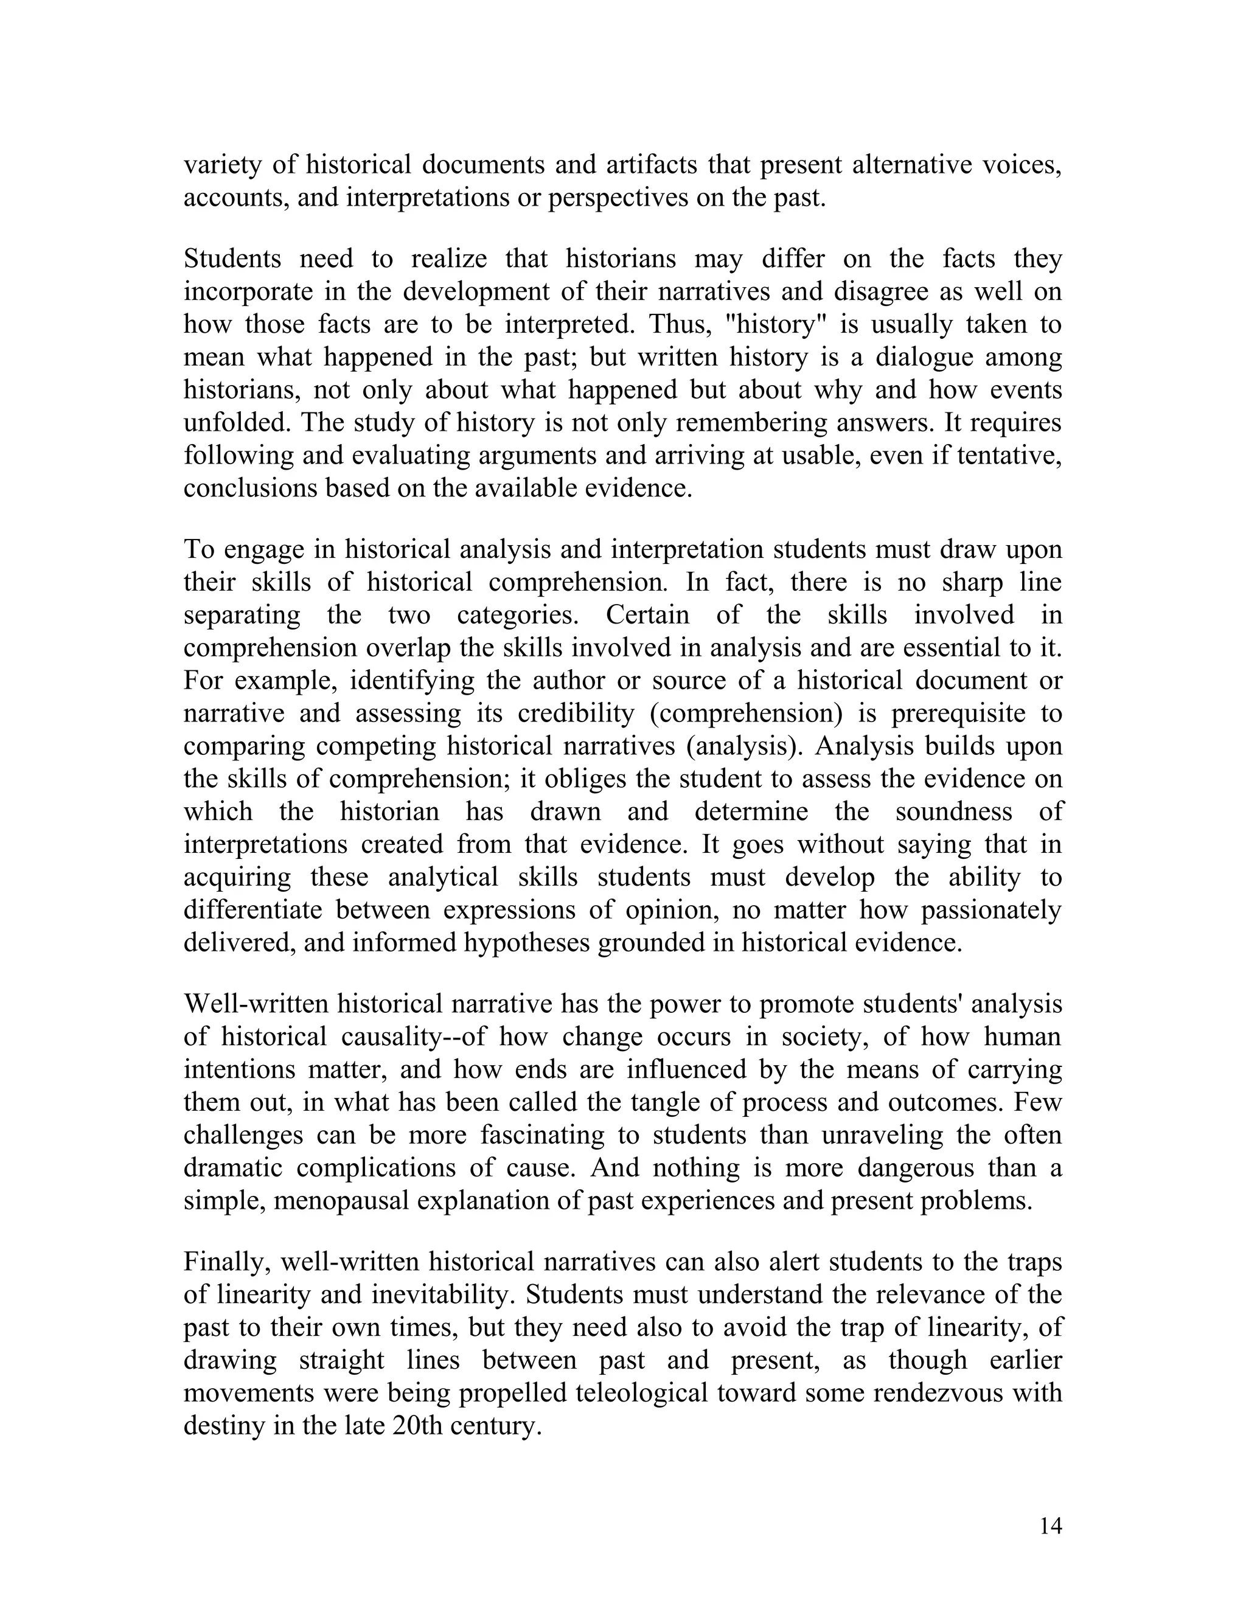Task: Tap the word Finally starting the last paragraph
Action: click(228, 1262)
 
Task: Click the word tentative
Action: click(1008, 456)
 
